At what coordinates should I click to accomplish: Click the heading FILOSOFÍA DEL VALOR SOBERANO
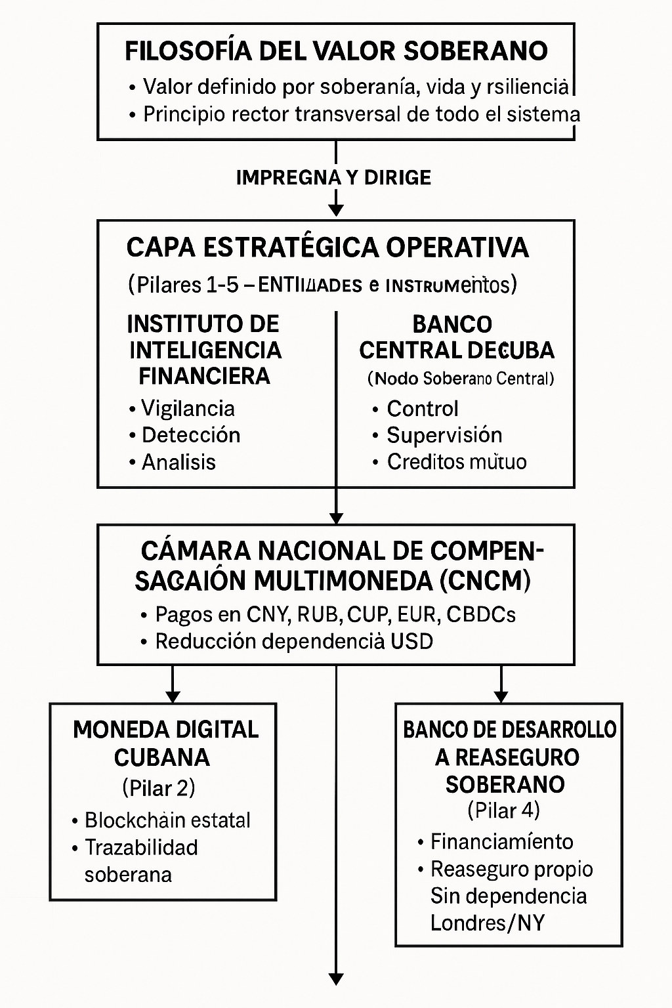pyautogui.click(x=336, y=51)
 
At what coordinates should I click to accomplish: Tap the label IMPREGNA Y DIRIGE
pyautogui.click(x=333, y=177)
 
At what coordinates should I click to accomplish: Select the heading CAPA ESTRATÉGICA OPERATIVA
pyautogui.click(x=327, y=247)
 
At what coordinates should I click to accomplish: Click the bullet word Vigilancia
pyautogui.click(x=188, y=408)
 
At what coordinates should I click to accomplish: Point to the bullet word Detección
pyautogui.click(x=191, y=435)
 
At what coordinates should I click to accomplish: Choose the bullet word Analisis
pyautogui.click(x=178, y=462)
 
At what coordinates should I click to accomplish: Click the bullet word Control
pyautogui.click(x=422, y=408)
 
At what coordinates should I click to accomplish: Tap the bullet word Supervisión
pyautogui.click(x=444, y=435)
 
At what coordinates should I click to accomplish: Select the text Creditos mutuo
pyautogui.click(x=456, y=462)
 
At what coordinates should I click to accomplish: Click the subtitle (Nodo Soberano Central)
pyautogui.click(x=461, y=379)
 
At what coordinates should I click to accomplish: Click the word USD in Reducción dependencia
pyautogui.click(x=411, y=641)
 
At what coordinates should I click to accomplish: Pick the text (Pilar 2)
pyautogui.click(x=159, y=787)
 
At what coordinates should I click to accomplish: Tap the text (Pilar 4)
pyautogui.click(x=503, y=810)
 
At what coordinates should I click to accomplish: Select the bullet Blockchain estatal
pyautogui.click(x=167, y=820)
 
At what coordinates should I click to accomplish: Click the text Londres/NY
pyautogui.click(x=487, y=923)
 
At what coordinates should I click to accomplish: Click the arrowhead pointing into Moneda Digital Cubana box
pyautogui.click(x=172, y=696)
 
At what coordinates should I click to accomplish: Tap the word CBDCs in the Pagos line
pyautogui.click(x=480, y=614)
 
